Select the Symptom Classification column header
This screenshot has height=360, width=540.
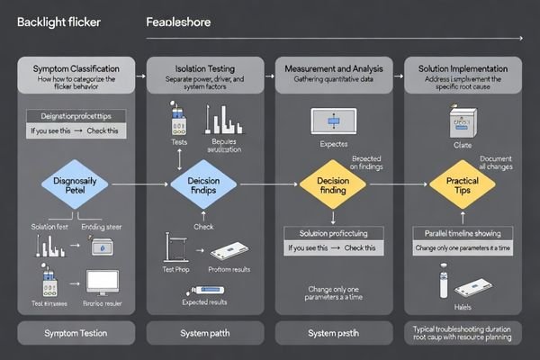(x=76, y=68)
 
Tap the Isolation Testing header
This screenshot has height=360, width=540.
(x=204, y=68)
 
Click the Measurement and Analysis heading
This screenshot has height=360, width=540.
(x=333, y=68)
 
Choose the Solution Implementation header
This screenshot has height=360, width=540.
(x=462, y=68)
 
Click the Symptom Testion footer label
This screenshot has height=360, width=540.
(x=76, y=333)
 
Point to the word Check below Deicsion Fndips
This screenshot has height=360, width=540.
(x=204, y=226)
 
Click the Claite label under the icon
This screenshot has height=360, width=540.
(x=463, y=143)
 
